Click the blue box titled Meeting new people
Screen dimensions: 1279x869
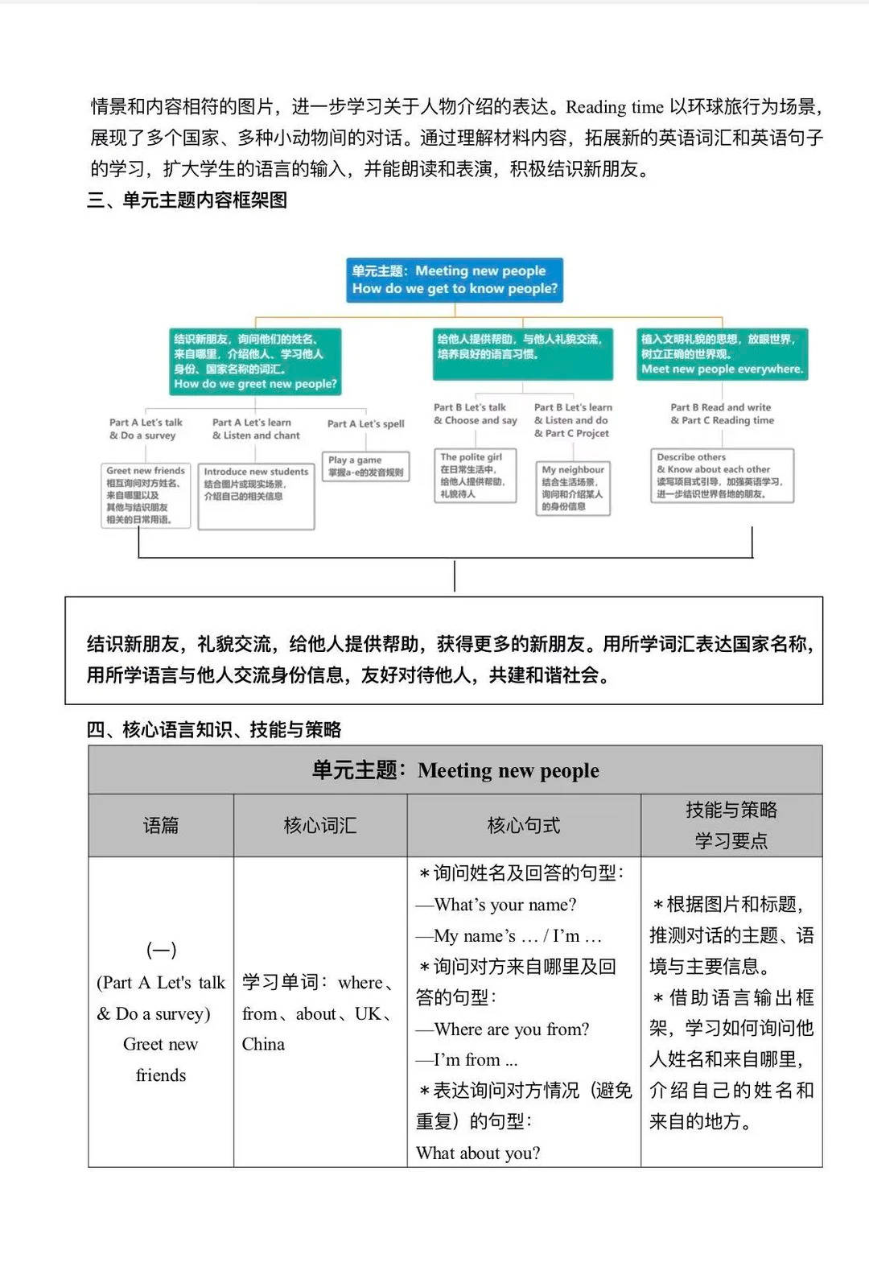point(455,280)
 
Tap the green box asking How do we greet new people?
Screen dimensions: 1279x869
point(256,361)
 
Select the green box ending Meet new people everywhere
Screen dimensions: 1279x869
point(722,354)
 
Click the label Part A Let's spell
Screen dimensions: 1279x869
point(365,424)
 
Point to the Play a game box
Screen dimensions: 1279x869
point(365,466)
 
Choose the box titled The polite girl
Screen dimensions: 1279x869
point(474,476)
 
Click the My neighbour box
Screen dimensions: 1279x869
point(573,487)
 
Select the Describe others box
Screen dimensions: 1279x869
point(722,476)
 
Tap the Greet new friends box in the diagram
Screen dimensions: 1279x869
point(146,495)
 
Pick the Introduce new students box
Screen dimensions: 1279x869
point(256,495)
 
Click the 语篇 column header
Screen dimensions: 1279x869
point(161,825)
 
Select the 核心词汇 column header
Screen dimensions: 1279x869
point(320,825)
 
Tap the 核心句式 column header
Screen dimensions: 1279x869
point(524,825)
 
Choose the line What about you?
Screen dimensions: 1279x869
point(478,1153)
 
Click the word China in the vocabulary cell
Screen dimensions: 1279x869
point(263,1044)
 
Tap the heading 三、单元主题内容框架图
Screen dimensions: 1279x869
point(187,200)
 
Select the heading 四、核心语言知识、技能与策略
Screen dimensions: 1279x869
point(214,729)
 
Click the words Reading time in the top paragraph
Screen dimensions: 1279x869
point(615,107)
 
